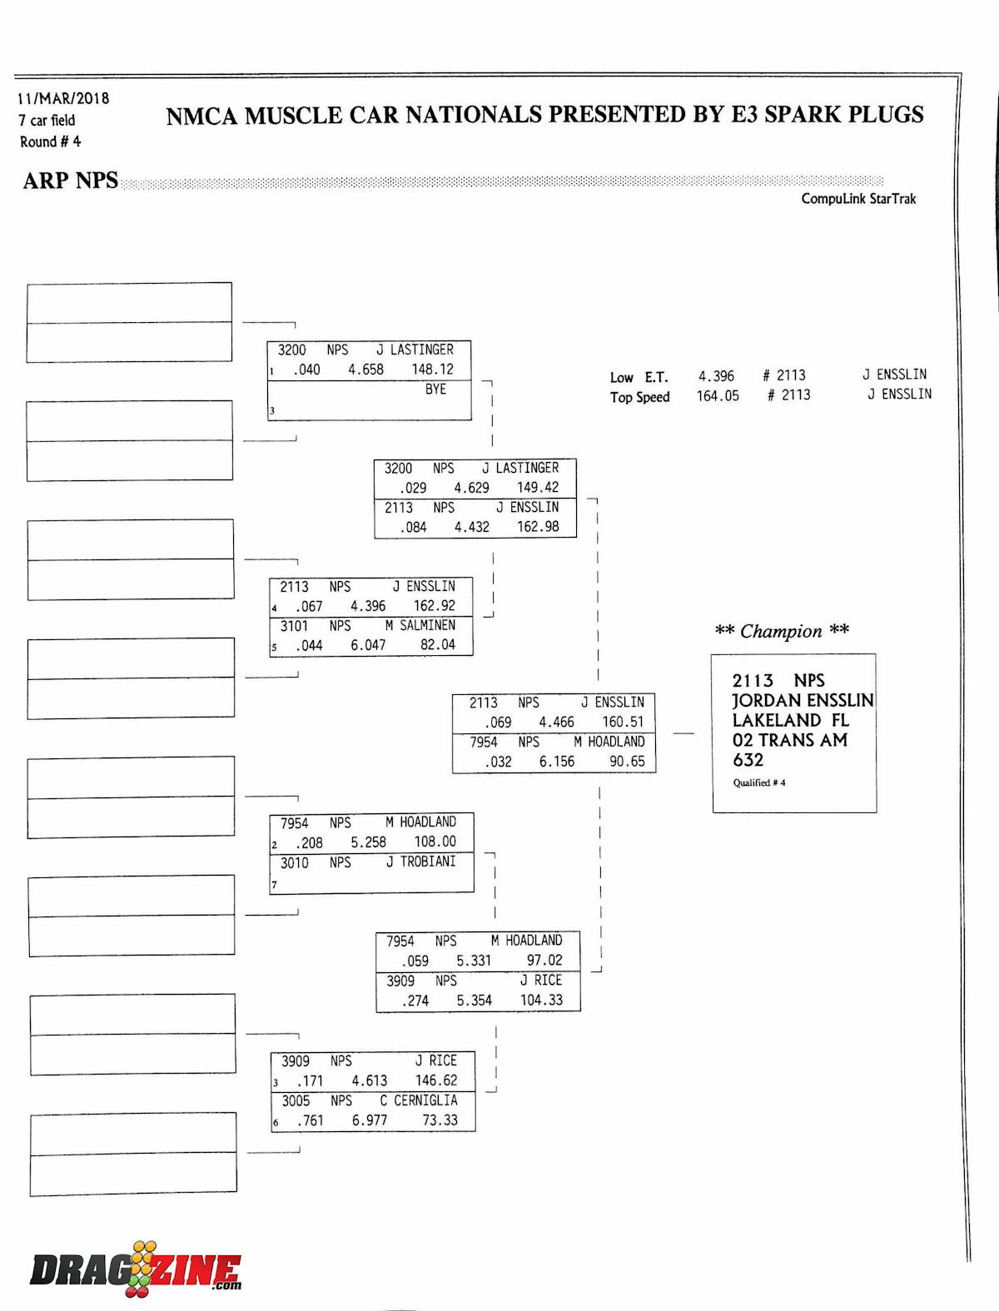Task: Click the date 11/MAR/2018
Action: click(64, 98)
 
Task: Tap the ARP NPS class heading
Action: click(71, 181)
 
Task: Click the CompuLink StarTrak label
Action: click(858, 198)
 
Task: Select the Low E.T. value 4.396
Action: click(716, 376)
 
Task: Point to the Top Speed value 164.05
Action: click(718, 396)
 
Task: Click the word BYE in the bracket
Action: click(435, 389)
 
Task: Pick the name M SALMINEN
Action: click(420, 625)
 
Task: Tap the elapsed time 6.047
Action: click(368, 645)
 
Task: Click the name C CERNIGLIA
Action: click(419, 1100)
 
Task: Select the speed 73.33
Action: click(440, 1120)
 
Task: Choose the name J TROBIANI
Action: click(420, 862)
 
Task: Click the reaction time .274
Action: click(415, 1001)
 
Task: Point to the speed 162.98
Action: click(538, 527)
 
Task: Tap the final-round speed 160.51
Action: click(623, 723)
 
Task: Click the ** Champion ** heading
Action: click(782, 631)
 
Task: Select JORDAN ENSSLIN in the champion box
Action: click(803, 701)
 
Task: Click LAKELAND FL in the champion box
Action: click(790, 720)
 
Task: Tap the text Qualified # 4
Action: click(759, 782)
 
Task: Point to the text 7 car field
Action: click(47, 120)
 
